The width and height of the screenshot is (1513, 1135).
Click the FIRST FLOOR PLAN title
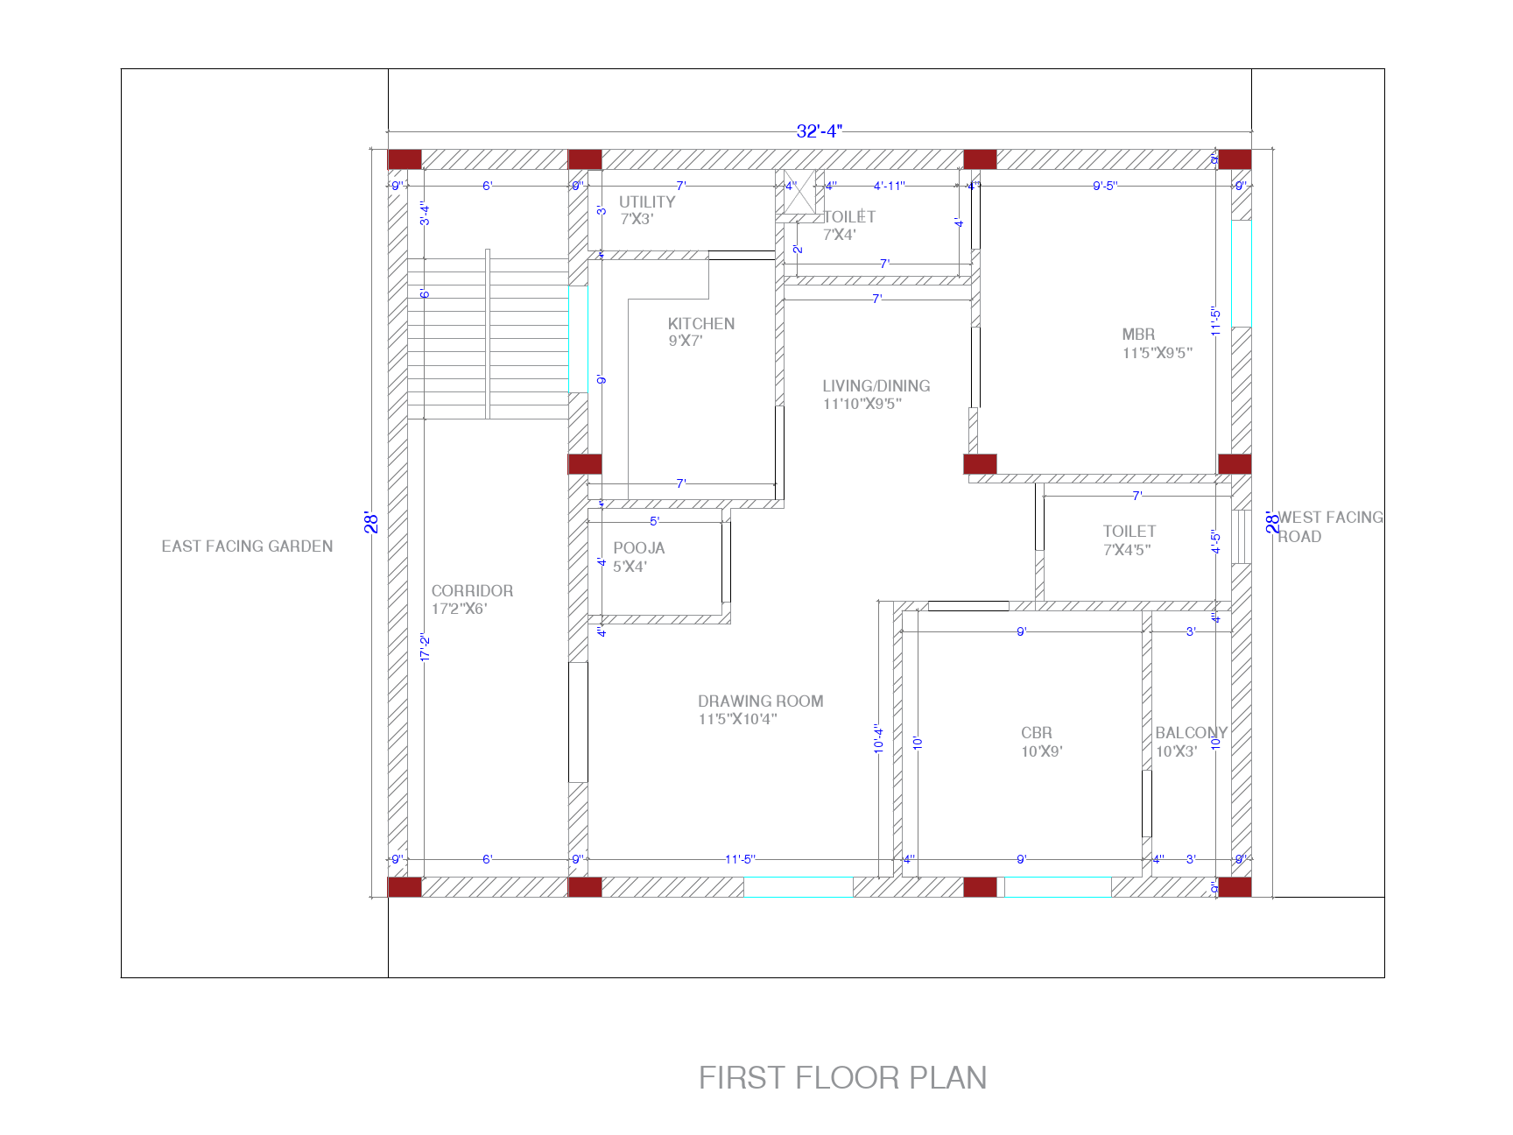[842, 1077]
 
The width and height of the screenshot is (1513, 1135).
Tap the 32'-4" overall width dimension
[819, 131]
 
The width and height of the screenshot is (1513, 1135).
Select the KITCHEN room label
[700, 324]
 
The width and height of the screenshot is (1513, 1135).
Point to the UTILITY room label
[647, 202]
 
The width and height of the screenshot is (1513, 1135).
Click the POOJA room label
[638, 548]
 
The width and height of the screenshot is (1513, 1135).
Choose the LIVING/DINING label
[876, 386]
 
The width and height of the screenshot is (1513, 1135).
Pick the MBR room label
[1138, 335]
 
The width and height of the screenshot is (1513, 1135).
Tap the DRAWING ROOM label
[760, 701]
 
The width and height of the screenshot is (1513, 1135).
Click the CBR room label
[1036, 733]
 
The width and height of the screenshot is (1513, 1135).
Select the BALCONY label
[1190, 733]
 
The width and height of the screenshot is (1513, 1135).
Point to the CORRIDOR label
[472, 591]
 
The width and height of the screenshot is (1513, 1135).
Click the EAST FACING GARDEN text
[247, 546]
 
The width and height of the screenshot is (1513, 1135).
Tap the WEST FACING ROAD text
[1329, 526]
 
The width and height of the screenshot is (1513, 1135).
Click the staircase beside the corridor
[487, 337]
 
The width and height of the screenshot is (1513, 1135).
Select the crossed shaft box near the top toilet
[799, 193]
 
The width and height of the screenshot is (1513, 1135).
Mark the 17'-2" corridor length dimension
[426, 647]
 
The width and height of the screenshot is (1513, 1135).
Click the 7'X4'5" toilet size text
[1127, 550]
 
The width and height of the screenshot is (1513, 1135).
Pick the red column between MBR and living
[980, 464]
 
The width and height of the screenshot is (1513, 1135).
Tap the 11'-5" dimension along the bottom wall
[740, 859]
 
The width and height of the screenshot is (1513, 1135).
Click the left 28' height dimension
[371, 523]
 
